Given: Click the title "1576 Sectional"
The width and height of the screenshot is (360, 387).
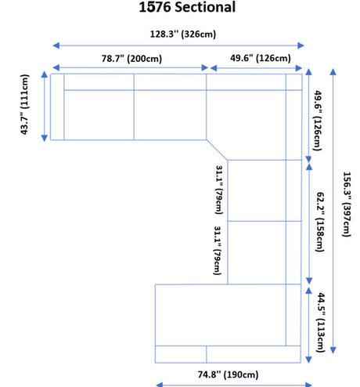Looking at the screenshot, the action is (x=187, y=7).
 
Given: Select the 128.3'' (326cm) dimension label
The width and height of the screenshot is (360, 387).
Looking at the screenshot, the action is (x=183, y=34).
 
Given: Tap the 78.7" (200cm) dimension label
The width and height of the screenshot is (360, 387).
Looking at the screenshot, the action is (x=131, y=58).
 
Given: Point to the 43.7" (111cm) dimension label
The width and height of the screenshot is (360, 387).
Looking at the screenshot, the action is (x=25, y=104).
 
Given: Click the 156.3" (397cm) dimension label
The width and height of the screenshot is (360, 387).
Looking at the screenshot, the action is (x=347, y=204).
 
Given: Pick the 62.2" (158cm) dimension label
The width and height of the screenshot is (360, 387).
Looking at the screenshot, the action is (x=321, y=222).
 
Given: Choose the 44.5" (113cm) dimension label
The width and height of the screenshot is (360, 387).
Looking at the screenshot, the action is (x=321, y=323).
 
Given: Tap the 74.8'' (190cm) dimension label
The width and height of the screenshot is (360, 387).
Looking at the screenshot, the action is (x=228, y=374).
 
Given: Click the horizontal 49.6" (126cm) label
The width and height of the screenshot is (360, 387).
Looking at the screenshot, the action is (x=261, y=58).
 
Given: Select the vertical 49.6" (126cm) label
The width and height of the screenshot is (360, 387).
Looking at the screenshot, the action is (x=318, y=121).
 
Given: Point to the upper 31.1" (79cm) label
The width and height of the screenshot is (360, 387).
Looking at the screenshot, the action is (x=219, y=190).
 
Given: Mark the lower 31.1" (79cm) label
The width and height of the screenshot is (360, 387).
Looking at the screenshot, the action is (x=218, y=251).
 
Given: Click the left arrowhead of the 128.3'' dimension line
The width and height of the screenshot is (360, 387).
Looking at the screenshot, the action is (x=56, y=45).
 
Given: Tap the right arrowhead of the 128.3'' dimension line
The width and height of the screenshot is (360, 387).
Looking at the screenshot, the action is (x=301, y=45).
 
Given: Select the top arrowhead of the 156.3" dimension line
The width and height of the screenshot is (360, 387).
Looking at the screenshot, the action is (x=333, y=72).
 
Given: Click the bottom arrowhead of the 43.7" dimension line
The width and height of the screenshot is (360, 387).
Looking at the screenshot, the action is (x=45, y=138).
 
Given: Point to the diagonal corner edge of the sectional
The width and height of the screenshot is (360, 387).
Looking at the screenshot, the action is (x=217, y=150).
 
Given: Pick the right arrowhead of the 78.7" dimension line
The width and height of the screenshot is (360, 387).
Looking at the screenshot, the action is (x=205, y=68).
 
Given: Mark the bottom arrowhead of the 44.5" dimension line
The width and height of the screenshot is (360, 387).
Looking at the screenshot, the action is (x=308, y=360).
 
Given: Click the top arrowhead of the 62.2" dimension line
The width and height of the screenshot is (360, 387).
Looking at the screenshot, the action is (x=309, y=167).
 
